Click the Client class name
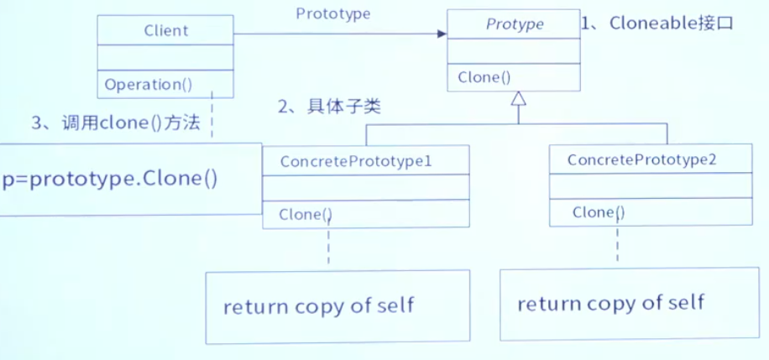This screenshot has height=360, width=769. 166,32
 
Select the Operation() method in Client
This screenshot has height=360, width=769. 149,84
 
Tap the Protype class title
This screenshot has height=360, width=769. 515,24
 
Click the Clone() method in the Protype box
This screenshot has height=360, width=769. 484,77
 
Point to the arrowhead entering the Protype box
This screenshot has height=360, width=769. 441,34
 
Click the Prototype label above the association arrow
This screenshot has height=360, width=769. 333,13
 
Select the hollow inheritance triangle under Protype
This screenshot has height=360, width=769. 519,99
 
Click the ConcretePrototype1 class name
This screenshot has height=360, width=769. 356,160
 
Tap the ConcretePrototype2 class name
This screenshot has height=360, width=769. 641,159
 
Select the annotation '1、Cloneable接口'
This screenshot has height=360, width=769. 657,23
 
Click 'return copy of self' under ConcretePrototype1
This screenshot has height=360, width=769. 318,305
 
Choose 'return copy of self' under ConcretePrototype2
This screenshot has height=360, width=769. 610,303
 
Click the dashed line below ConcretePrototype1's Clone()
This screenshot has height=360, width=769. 328,248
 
